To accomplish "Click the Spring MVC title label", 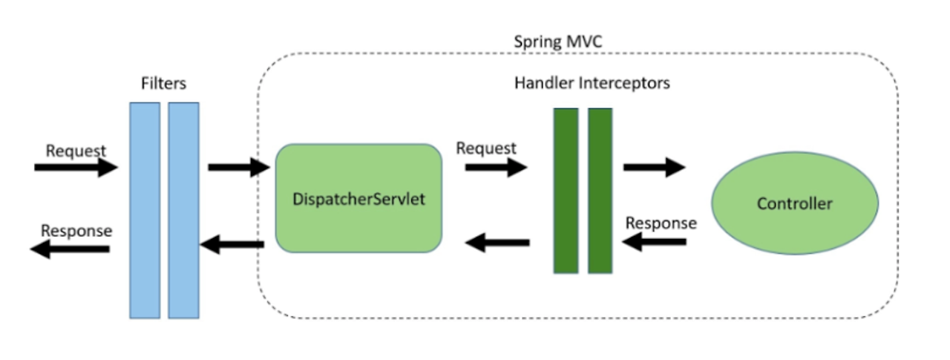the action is point(557,42).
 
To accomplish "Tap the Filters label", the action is point(163,83).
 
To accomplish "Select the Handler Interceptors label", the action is point(592,82).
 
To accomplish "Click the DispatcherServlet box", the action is point(358,198).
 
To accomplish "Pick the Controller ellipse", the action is point(795,203).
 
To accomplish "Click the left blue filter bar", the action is point(145,210).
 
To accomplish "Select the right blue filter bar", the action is point(183,210).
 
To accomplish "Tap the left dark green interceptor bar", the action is point(566,191).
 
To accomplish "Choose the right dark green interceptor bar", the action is point(600,191).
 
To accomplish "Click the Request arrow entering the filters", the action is point(76,167).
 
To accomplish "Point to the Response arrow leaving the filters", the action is point(70,249).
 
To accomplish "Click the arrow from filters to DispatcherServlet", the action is point(239,167).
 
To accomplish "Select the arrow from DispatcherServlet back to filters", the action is point(232,244).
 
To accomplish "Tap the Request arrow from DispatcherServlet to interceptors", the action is point(497,167).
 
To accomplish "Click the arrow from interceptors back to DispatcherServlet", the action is point(497,243).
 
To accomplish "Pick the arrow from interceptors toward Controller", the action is point(655,167).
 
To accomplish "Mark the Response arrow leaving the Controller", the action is point(654,242).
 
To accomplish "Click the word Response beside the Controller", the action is point(661,223).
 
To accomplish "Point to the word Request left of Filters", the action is point(76,151).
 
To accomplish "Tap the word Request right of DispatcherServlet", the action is point(486,148).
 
